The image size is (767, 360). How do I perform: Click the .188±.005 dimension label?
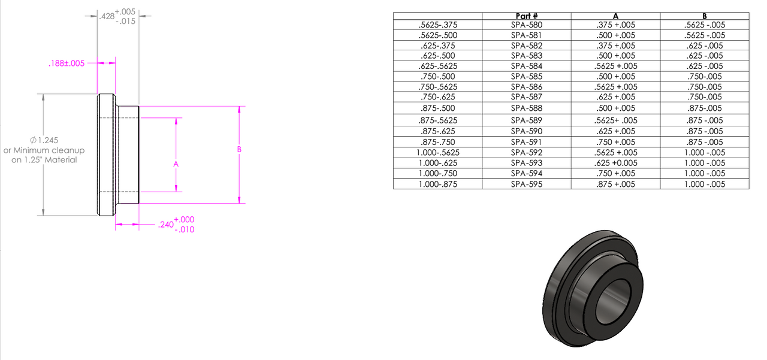click(67, 63)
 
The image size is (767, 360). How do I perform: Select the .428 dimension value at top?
click(107, 16)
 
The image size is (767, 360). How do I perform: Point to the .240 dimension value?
click(165, 225)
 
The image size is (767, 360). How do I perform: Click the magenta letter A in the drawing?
click(176, 163)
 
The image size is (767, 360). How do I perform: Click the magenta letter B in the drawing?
click(239, 149)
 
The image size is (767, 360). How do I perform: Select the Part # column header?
click(527, 16)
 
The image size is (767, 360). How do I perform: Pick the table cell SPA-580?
click(527, 25)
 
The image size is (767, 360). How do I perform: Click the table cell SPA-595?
click(527, 184)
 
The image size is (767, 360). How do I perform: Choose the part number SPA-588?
click(527, 108)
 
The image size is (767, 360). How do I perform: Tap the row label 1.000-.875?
click(437, 184)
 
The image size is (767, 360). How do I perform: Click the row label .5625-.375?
click(437, 25)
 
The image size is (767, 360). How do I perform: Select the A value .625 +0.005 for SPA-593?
click(615, 163)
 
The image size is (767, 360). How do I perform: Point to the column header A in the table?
click(615, 16)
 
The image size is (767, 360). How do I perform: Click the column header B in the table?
click(704, 16)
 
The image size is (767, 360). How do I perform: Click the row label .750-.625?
click(437, 97)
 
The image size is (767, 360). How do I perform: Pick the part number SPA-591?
click(527, 142)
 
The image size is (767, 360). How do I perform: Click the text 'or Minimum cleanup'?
click(44, 150)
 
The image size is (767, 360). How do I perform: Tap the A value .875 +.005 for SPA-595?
click(615, 184)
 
